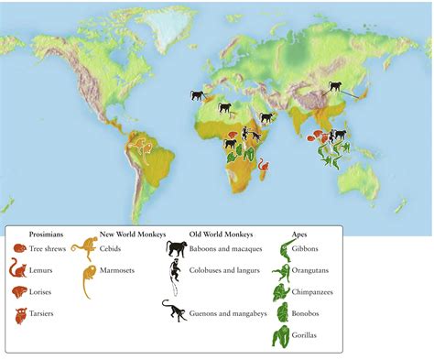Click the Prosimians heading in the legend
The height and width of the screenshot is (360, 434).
(46, 235)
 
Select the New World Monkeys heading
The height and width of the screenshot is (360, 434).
(132, 235)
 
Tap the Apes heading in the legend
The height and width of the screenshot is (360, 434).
(299, 235)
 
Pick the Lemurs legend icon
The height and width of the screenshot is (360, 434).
(17, 269)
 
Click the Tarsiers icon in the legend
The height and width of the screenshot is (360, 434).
(18, 315)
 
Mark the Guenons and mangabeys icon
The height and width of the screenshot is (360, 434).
(174, 311)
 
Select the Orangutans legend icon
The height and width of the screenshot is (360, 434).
(280, 272)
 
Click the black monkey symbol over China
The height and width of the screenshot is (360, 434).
(337, 88)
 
